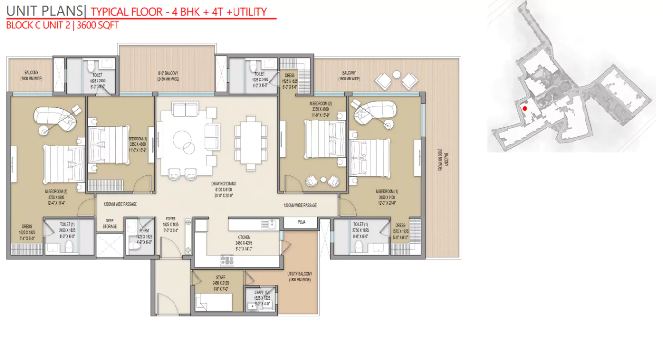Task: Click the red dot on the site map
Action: coord(525,108)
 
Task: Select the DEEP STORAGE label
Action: coord(110,223)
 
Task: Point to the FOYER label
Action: coord(171,219)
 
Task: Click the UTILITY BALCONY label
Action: coord(299,274)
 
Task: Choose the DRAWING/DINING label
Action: coord(224,184)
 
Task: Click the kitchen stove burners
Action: coord(227,260)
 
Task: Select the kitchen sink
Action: coord(268,224)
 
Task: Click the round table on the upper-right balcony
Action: coord(396,75)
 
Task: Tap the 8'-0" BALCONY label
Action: coord(168,73)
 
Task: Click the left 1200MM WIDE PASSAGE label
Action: coord(119,205)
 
